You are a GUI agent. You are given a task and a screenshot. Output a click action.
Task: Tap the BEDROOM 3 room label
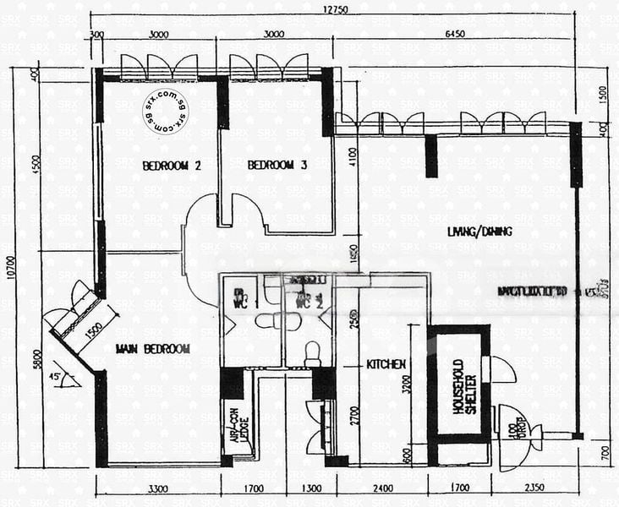click(x=277, y=166)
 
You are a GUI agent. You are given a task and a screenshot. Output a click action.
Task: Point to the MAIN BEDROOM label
click(x=153, y=348)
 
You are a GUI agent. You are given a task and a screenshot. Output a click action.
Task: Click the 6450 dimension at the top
click(x=463, y=35)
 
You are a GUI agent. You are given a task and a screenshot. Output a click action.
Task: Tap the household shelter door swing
click(x=503, y=369)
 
